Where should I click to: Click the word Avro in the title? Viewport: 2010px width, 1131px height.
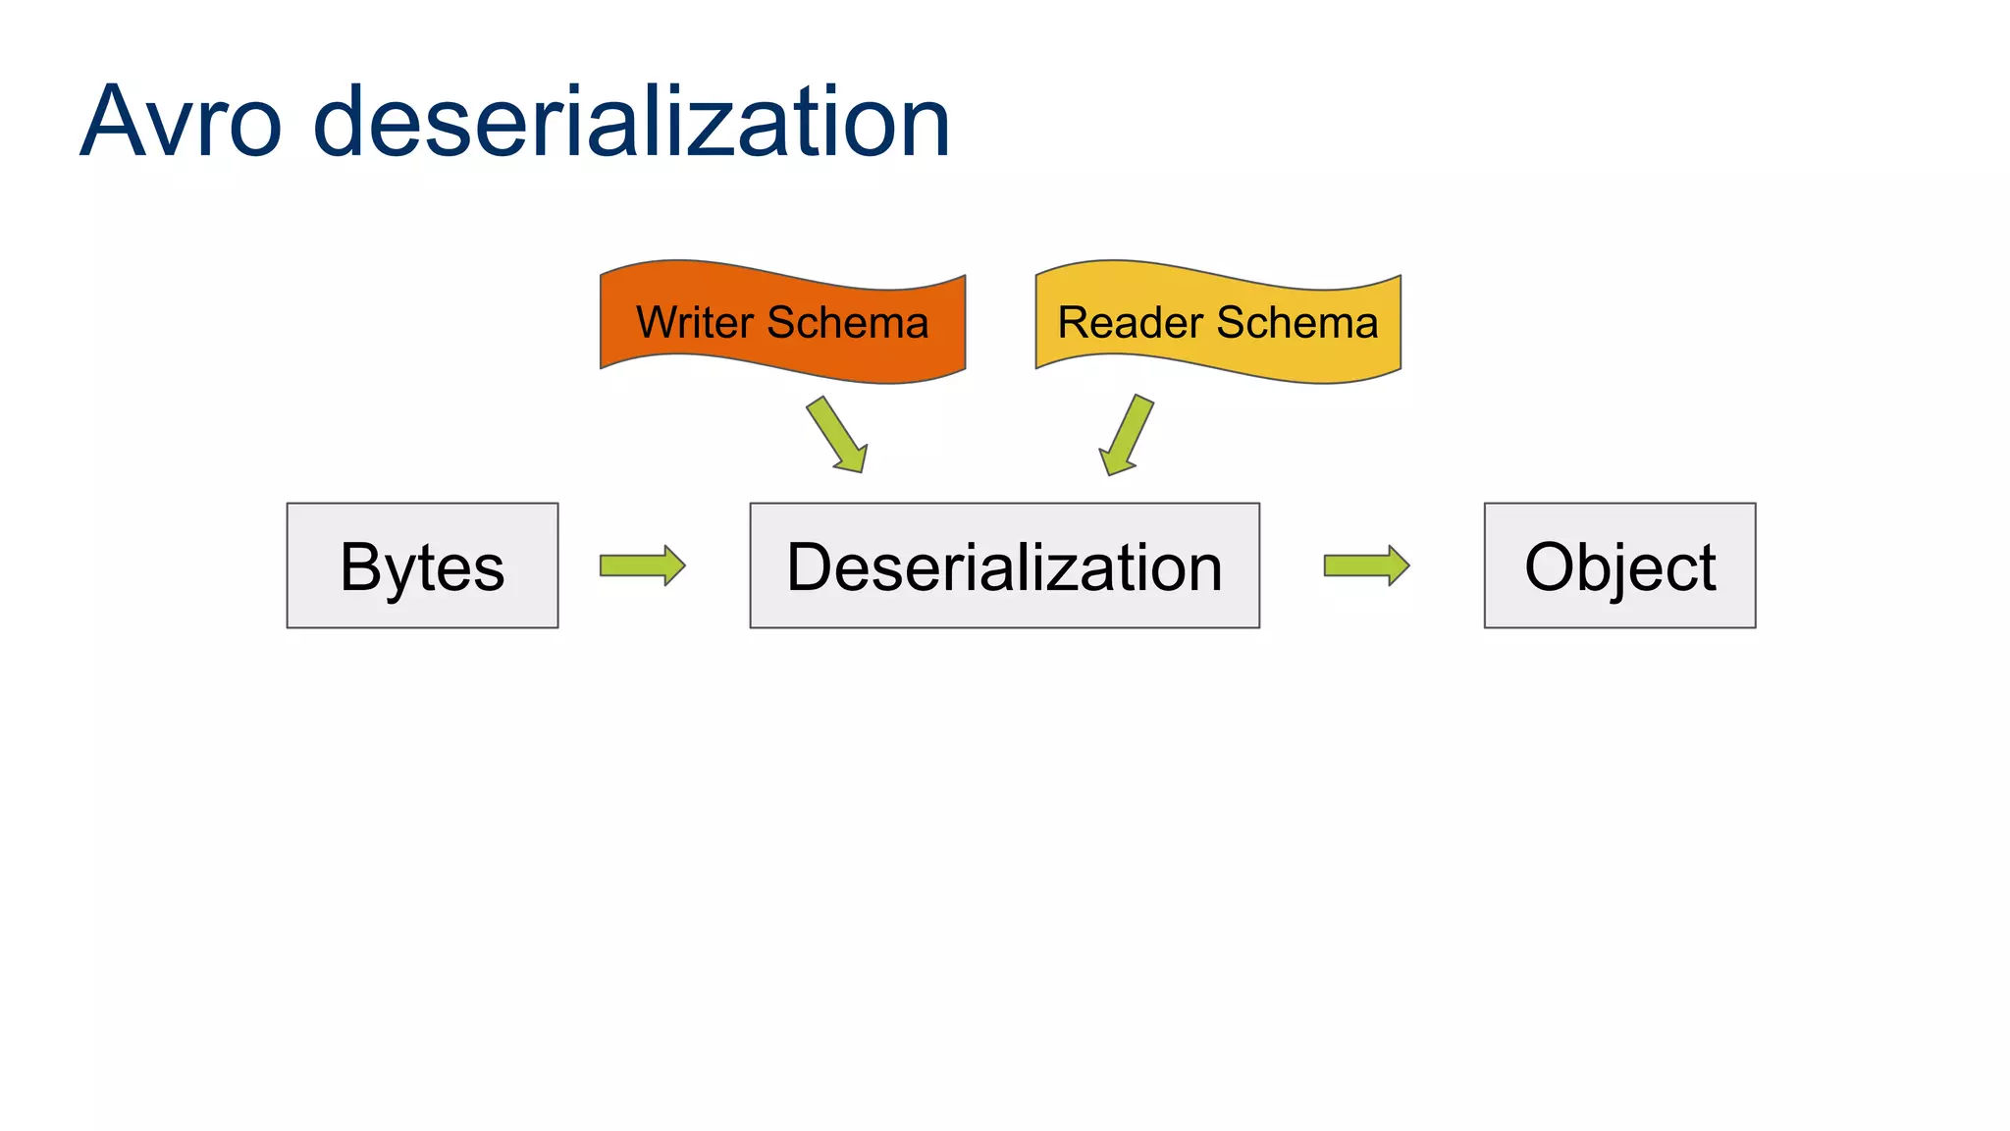point(182,122)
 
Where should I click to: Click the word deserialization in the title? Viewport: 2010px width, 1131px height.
point(631,122)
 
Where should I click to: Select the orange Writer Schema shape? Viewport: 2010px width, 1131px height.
point(782,322)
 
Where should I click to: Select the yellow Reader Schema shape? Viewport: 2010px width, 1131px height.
point(1218,322)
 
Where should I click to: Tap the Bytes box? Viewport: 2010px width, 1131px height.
point(422,565)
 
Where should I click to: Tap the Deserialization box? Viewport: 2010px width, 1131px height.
point(1004,565)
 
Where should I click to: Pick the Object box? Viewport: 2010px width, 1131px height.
point(1619,565)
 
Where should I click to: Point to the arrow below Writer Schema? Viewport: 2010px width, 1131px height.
point(837,435)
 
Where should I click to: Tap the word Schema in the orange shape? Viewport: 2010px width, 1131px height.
point(848,322)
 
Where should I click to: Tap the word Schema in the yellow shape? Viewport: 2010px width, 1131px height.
point(1297,322)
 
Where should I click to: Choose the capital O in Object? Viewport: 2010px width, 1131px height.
point(1553,566)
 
